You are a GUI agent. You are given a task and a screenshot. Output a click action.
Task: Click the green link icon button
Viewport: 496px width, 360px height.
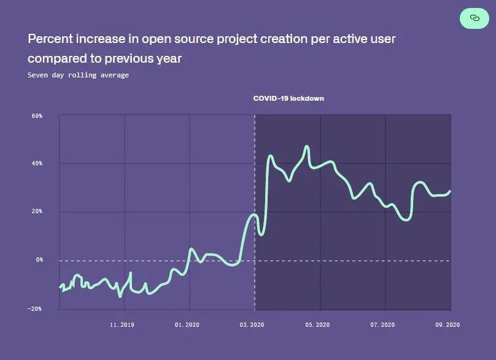tap(475, 18)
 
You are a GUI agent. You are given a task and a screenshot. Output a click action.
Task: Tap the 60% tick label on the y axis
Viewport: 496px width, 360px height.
tap(37, 115)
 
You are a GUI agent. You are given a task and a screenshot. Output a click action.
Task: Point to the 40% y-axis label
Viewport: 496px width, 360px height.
tap(37, 163)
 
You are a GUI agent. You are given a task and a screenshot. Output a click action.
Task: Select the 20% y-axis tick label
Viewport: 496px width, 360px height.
tap(37, 211)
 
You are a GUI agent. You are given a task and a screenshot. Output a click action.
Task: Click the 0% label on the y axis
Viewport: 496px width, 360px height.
tap(39, 260)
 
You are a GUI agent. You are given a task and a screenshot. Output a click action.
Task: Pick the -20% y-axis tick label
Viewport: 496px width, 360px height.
tap(36, 308)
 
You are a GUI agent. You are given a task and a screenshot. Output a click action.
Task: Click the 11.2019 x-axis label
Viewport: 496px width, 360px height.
tap(122, 324)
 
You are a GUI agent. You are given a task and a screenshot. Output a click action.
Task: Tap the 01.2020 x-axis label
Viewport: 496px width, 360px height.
tap(187, 324)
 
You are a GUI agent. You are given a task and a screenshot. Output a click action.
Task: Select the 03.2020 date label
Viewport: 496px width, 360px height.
tap(252, 324)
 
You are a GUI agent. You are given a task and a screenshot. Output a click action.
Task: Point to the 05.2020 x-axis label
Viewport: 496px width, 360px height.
tap(317, 324)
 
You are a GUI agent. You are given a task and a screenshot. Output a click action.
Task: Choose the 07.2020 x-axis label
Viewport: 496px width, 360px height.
tap(382, 324)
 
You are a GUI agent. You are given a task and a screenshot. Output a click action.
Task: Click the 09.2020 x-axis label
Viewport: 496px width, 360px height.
tap(448, 324)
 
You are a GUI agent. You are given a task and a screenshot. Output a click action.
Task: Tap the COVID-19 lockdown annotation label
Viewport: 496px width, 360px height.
tap(289, 98)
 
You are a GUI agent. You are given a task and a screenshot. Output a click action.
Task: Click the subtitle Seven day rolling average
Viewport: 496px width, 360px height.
tap(78, 75)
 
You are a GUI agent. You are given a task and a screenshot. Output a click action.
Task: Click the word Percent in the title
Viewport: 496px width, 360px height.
tap(48, 39)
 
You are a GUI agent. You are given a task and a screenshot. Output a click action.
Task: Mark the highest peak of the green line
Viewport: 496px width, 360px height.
tap(307, 146)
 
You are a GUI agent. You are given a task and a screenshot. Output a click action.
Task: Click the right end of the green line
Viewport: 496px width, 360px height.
tap(450, 191)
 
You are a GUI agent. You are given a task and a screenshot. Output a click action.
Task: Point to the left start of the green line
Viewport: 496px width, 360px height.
tap(60, 287)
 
